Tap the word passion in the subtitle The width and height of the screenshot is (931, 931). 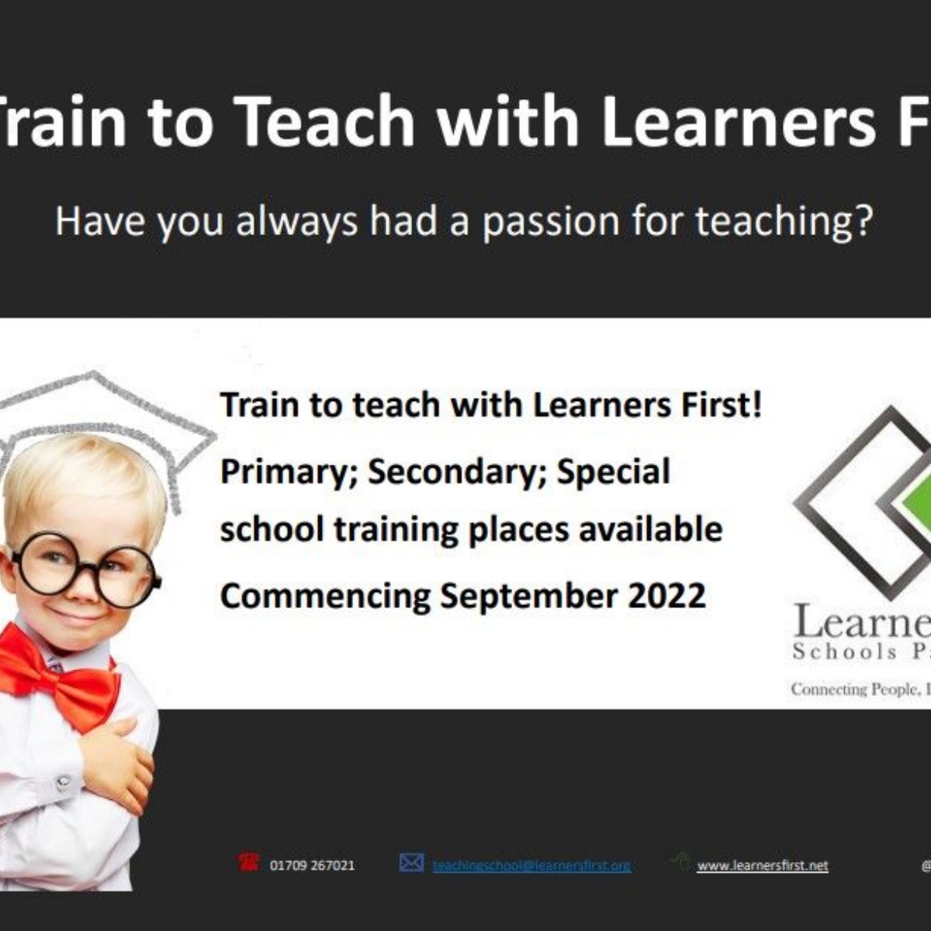coord(550,222)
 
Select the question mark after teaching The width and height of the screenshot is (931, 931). coord(863,222)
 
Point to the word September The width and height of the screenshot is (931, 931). coord(529,596)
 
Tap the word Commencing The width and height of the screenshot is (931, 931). coord(325,596)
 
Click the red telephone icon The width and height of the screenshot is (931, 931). coord(248,862)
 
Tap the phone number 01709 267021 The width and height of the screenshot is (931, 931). coord(312,865)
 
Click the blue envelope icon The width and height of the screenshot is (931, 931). coord(411,862)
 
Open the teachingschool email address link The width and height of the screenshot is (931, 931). coord(531,865)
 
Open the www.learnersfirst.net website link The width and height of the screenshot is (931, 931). coord(762,865)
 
